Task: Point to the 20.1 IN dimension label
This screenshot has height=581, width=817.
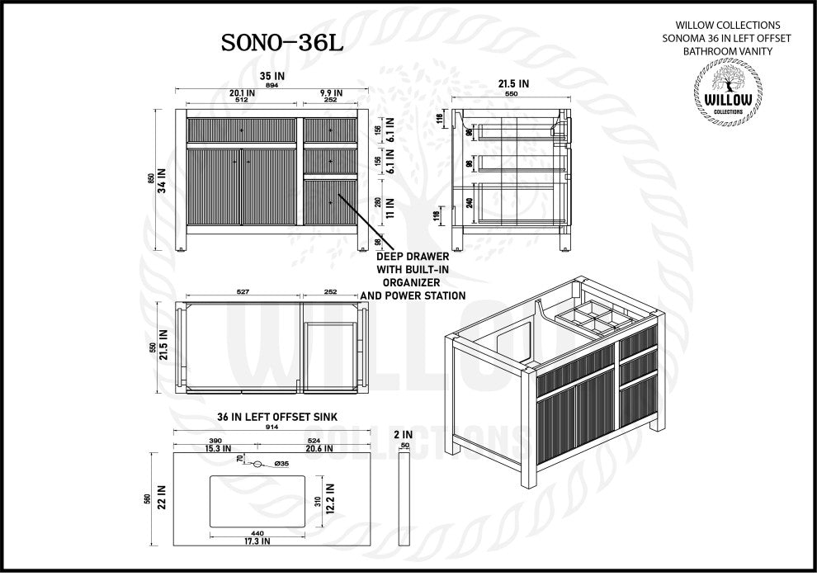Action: (242, 93)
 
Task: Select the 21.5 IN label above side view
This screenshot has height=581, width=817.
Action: (514, 83)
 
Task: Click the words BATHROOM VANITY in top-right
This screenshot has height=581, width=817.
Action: (726, 51)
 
